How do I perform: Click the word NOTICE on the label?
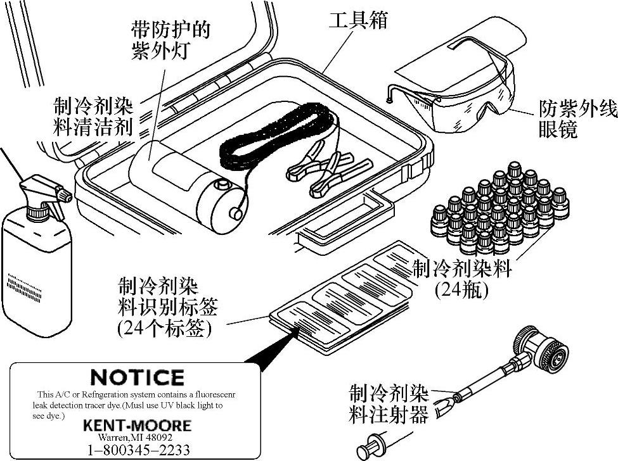click(137, 377)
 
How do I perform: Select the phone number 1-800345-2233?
click(136, 450)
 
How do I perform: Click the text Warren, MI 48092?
click(136, 438)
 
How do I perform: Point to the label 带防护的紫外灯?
click(171, 39)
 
